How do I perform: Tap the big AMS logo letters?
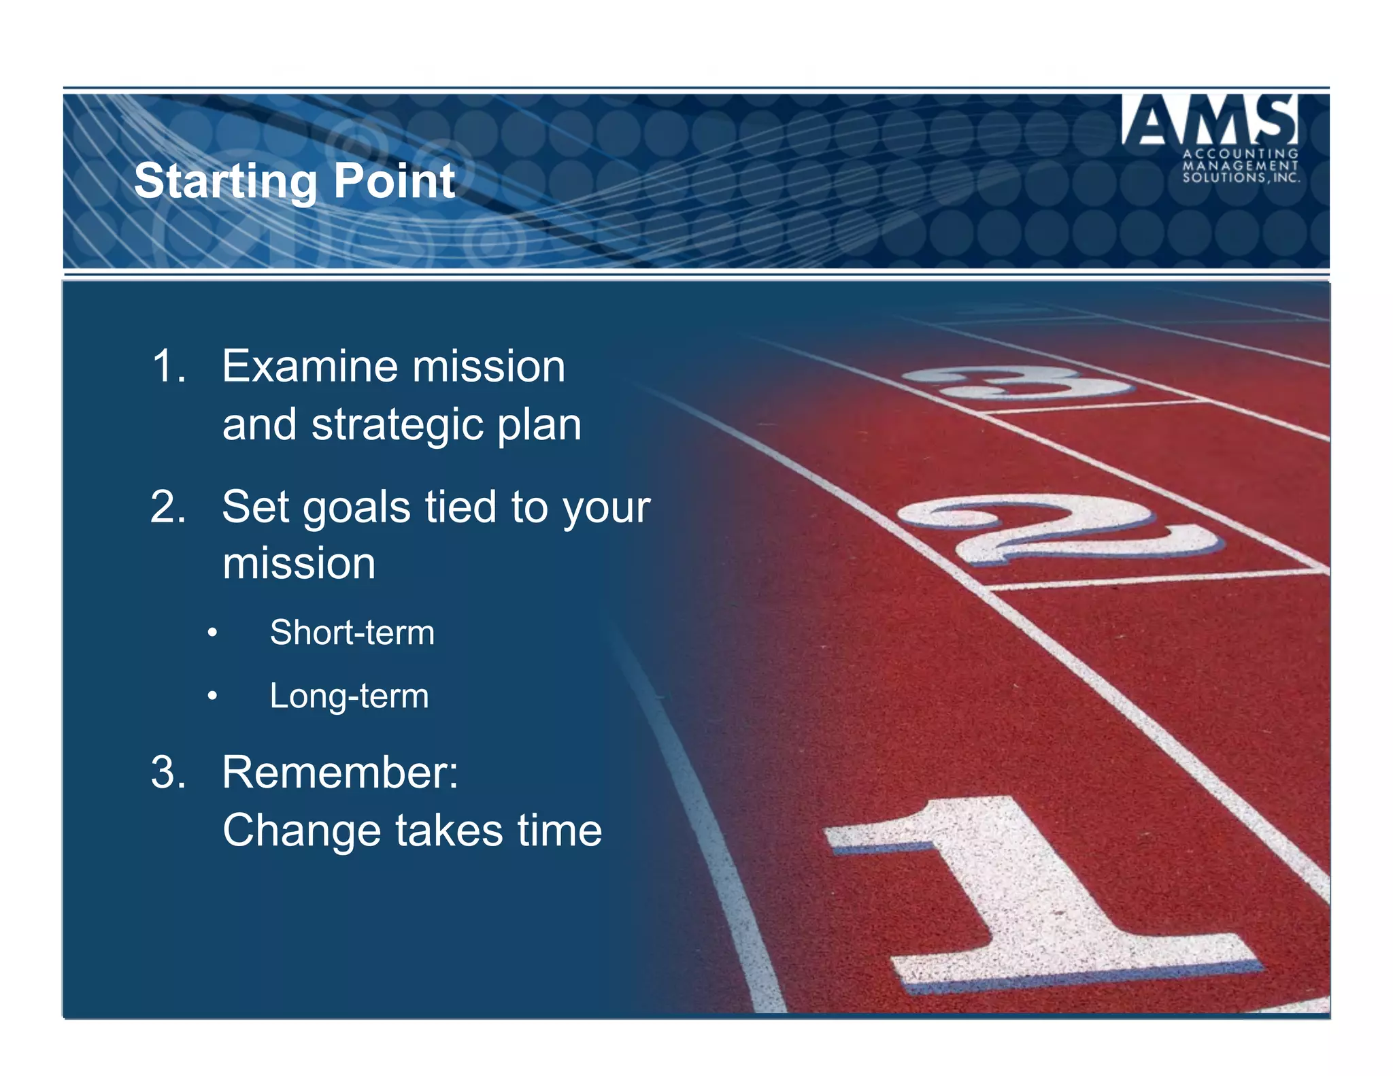1209,120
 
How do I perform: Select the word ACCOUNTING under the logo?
1241,154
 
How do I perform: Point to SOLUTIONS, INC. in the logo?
1241,178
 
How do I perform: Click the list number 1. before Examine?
168,367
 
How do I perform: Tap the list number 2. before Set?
168,507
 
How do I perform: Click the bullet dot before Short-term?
213,633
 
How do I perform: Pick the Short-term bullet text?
352,633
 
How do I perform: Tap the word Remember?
340,773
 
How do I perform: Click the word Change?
301,831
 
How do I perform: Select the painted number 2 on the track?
1061,527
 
